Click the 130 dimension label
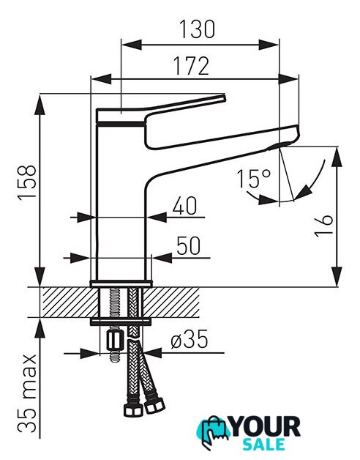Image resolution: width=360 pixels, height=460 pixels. point(197,29)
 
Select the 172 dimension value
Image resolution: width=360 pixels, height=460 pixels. point(192,66)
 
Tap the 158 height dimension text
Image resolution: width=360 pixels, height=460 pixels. point(27,183)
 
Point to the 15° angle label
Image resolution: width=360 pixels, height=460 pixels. point(254,178)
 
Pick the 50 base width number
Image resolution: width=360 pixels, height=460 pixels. point(189,245)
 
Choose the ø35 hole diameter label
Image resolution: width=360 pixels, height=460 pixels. point(190,339)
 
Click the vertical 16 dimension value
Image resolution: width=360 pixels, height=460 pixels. point(323,226)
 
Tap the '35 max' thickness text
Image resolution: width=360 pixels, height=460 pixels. point(27,393)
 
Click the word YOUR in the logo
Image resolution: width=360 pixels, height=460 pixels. point(266,427)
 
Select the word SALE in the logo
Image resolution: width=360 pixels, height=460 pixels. point(264,444)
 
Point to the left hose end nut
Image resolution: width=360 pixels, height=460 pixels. point(133,410)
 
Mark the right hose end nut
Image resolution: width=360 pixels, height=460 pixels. point(154,406)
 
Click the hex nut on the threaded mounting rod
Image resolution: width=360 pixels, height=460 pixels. point(114,341)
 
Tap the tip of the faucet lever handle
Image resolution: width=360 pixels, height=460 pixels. point(225,97)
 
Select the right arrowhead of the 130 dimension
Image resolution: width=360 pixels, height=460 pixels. point(269,45)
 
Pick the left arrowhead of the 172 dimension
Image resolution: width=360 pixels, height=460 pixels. point(102,79)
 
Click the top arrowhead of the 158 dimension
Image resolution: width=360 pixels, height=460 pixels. point(40,105)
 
